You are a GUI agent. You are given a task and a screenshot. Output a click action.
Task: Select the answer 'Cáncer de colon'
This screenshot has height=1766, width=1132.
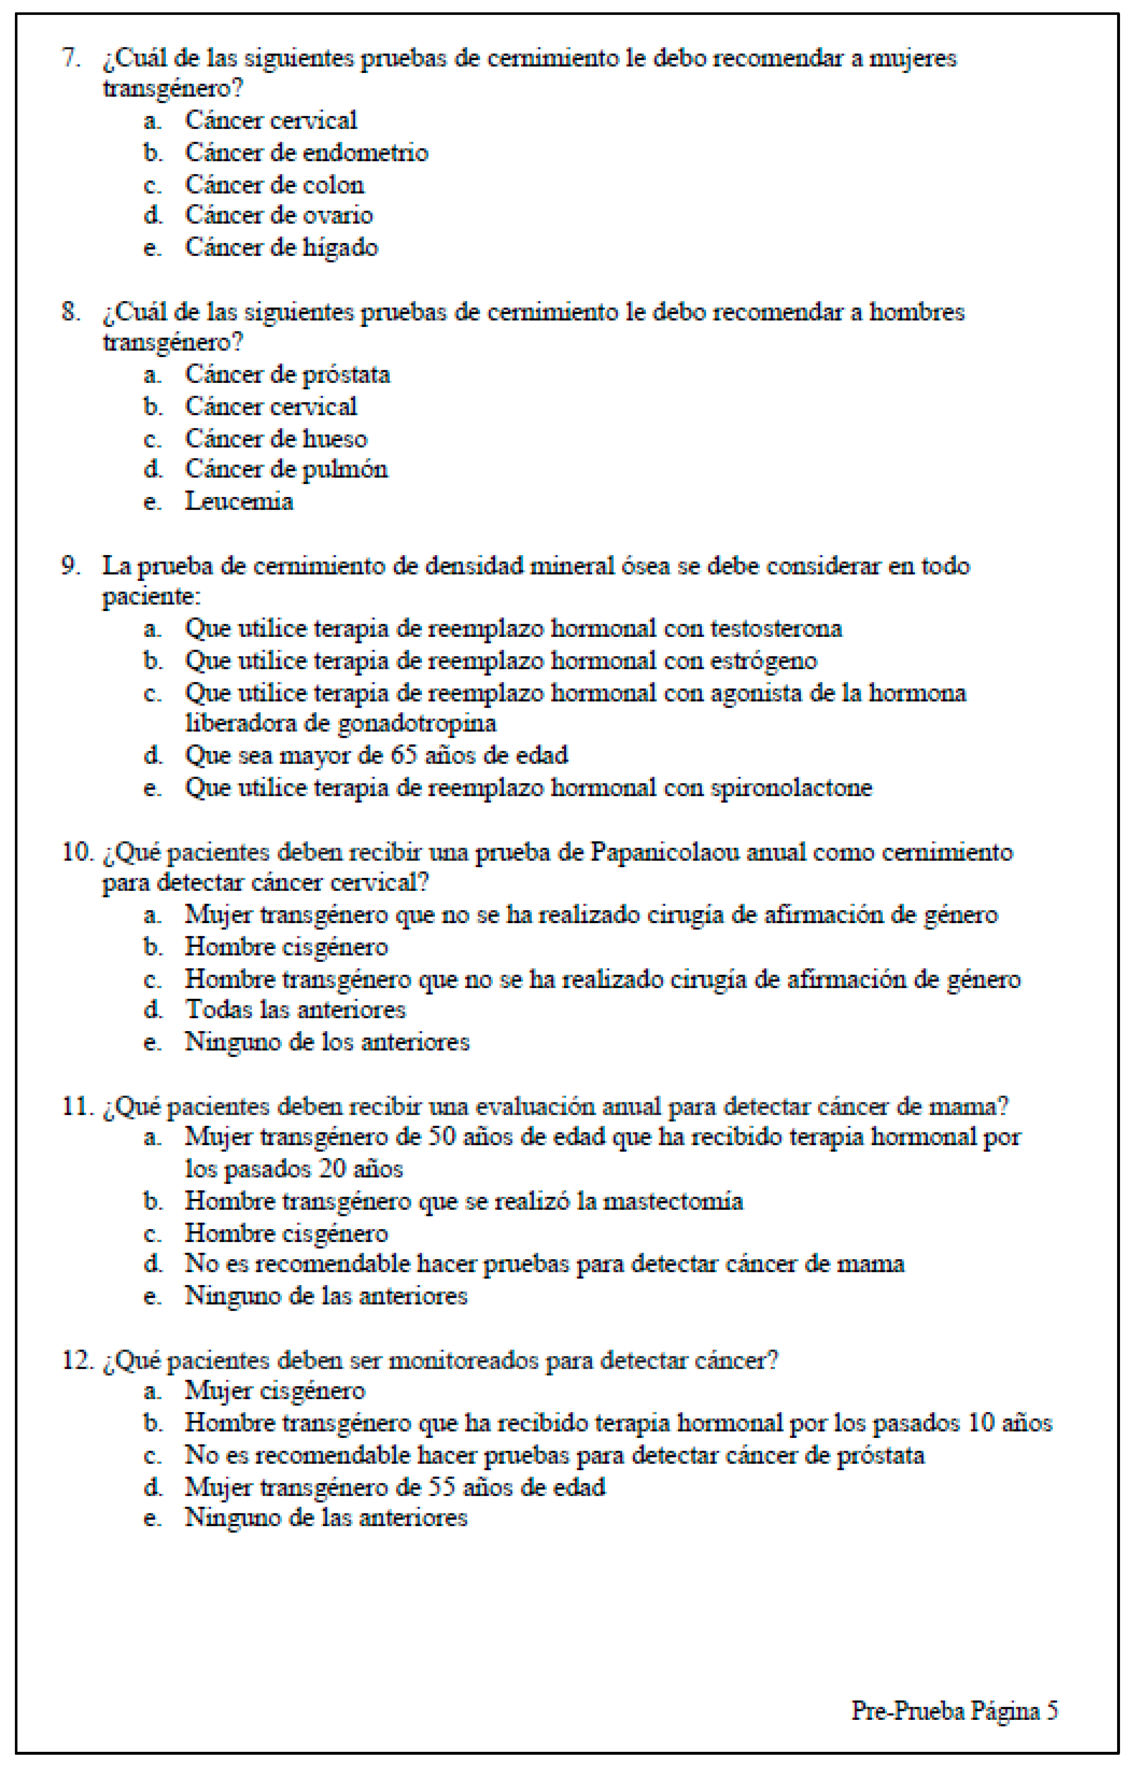[274, 185]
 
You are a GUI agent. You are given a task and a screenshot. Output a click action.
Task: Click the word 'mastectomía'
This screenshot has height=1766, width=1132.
[673, 1201]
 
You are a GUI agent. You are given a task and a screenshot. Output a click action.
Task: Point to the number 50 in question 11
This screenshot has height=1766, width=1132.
[442, 1137]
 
